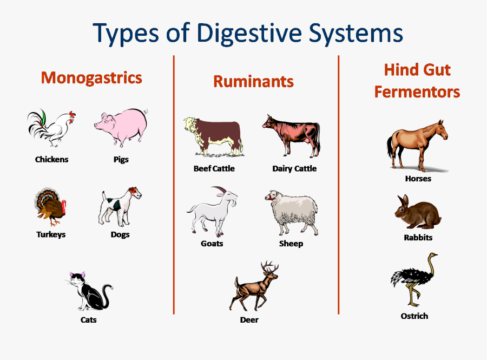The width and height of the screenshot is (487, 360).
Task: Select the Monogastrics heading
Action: [x=91, y=77]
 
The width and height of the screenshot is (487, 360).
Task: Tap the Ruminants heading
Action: [x=253, y=81]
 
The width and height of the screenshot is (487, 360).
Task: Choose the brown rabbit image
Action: [x=417, y=213]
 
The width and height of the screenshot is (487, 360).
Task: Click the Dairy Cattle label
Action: [x=294, y=168]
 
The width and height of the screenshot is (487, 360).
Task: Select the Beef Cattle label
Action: [x=214, y=168]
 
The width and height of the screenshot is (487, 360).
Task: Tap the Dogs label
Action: [x=120, y=234]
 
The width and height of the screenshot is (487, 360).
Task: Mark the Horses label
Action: [x=418, y=178]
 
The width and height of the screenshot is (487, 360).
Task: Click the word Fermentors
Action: [x=417, y=92]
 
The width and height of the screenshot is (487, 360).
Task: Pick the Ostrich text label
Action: [x=414, y=316]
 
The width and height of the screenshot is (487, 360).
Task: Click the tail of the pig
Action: [x=145, y=112]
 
